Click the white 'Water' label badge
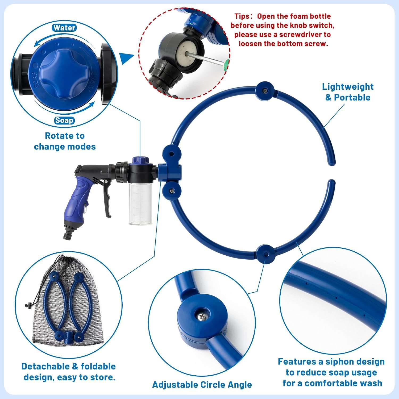pyautogui.click(x=64, y=28)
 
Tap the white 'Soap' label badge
pyautogui.click(x=64, y=120)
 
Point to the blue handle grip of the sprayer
pyautogui.click(x=75, y=198)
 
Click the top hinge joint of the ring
pyautogui.click(x=265, y=91)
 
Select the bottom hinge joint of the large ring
pyautogui.click(x=265, y=254)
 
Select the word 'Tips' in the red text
pyautogui.click(x=242, y=16)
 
